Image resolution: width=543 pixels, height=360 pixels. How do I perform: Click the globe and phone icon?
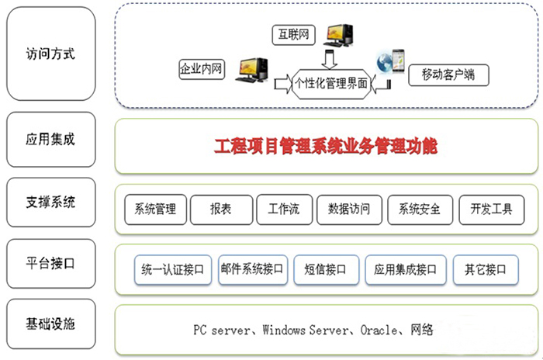click(x=390, y=61)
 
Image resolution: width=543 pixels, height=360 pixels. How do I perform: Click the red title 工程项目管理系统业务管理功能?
click(x=326, y=144)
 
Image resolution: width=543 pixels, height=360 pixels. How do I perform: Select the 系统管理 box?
click(x=155, y=209)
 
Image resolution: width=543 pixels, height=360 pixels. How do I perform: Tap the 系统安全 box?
click(x=419, y=209)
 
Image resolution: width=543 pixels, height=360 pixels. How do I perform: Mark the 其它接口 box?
click(x=485, y=269)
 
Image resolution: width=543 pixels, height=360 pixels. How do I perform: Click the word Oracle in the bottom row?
click(x=378, y=331)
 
